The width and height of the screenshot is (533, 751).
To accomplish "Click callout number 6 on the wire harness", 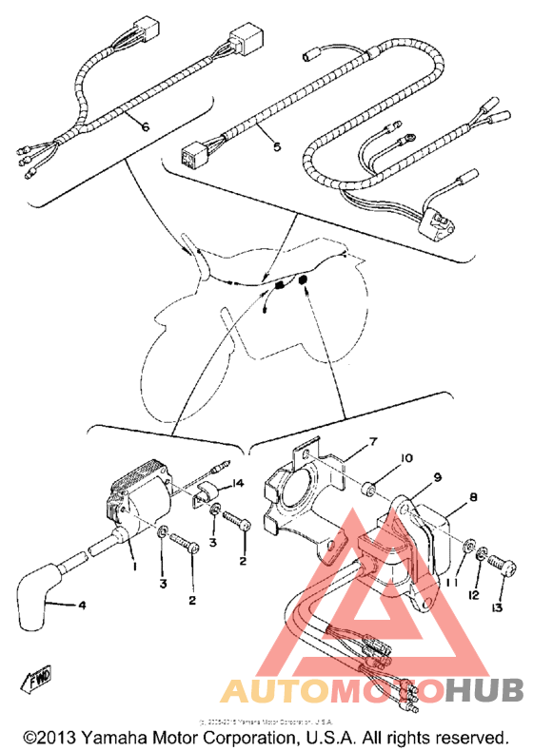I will point(146,126).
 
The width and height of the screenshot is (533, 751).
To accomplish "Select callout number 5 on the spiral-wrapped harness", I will point(277,147).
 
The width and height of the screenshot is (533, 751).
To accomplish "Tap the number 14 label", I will point(238,484).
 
